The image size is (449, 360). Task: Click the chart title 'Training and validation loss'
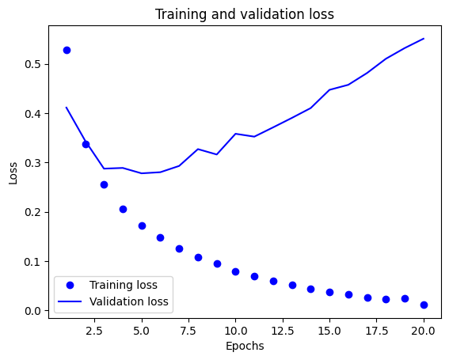(244, 14)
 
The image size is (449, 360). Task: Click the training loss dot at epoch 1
(67, 50)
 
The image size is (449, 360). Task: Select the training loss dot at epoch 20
(424, 305)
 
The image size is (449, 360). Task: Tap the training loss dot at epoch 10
(235, 271)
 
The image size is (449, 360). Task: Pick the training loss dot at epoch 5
(142, 225)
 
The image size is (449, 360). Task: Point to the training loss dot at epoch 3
(104, 184)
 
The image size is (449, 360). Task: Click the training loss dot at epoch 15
(329, 292)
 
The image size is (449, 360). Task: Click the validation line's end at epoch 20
(424, 39)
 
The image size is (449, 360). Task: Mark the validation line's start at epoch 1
(67, 108)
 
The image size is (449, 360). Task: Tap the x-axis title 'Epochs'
(244, 346)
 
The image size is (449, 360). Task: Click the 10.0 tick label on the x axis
(235, 328)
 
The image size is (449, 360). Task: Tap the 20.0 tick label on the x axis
(424, 328)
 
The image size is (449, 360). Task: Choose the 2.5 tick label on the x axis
(94, 328)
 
